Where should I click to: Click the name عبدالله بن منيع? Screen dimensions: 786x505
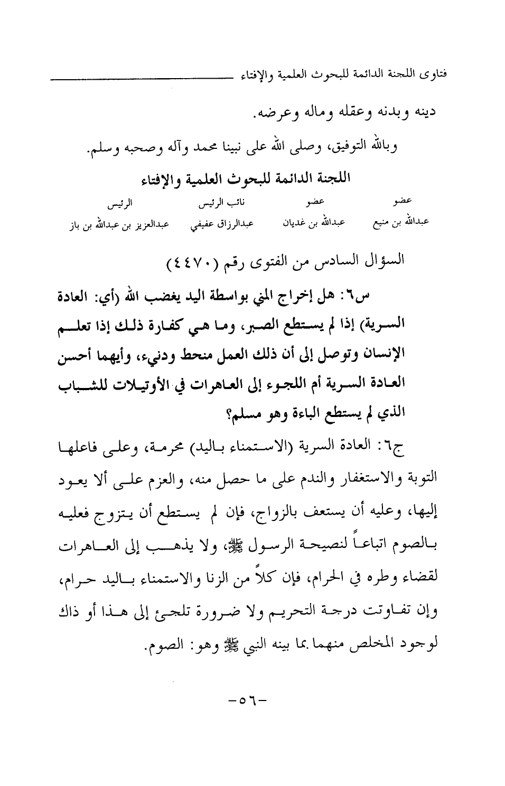point(400,222)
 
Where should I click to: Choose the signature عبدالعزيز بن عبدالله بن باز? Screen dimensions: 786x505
point(119,225)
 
